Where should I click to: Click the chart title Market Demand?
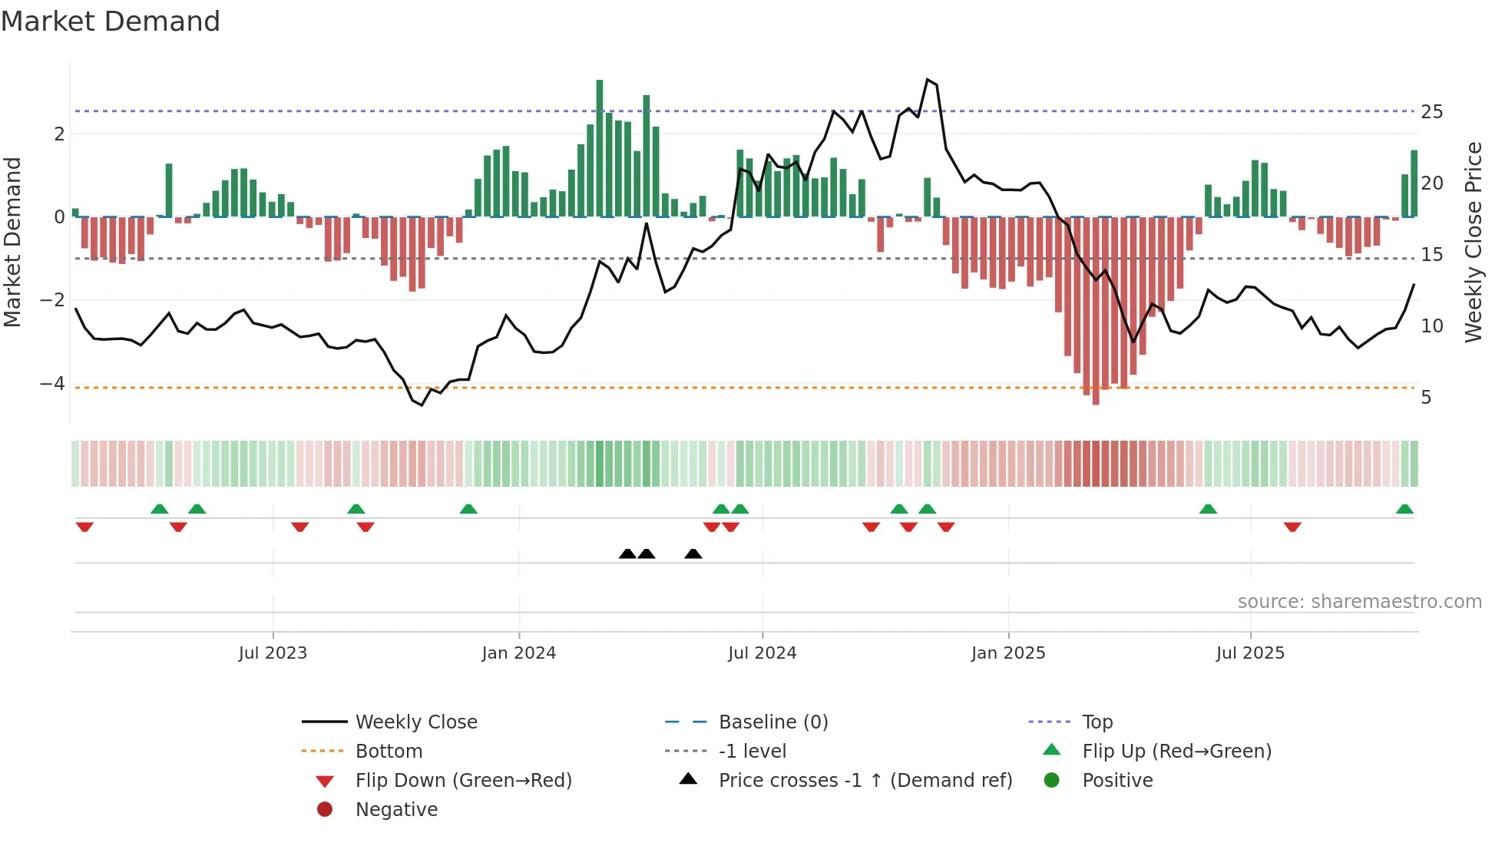click(111, 21)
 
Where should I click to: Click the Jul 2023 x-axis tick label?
click(273, 653)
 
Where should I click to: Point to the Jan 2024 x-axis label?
click(518, 653)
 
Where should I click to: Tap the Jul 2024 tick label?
click(762, 653)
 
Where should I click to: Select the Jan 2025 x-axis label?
click(1007, 653)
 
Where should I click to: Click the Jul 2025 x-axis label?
click(1250, 653)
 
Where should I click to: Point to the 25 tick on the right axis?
click(1431, 112)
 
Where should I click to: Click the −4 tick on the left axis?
click(52, 383)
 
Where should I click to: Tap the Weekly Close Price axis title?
click(1473, 242)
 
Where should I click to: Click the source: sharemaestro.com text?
click(1359, 602)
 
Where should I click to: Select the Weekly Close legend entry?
click(415, 722)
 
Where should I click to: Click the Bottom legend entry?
click(389, 752)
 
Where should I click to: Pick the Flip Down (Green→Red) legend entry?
click(463, 781)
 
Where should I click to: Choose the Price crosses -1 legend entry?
click(865, 781)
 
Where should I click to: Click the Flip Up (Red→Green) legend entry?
click(1176, 752)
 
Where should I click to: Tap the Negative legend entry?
click(396, 810)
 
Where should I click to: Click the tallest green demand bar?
click(600, 147)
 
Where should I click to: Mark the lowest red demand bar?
click(1096, 311)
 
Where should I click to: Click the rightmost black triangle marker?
click(693, 554)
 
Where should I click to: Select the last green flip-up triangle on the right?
click(1404, 509)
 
